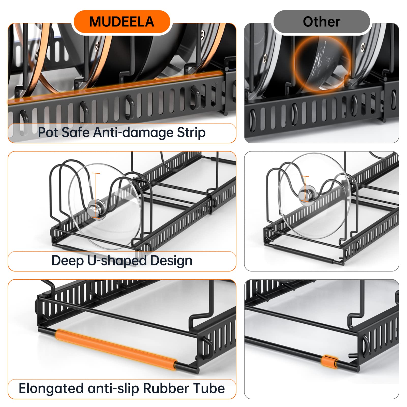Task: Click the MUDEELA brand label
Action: [122, 22]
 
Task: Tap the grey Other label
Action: [321, 22]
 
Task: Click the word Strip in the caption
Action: [191, 132]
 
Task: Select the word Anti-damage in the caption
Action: [133, 132]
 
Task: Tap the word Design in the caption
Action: [171, 261]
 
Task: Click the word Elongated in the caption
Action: [51, 388]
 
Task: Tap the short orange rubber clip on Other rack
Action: [329, 361]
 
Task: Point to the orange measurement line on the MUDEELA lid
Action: [96, 193]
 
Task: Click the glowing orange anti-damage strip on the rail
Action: [102, 85]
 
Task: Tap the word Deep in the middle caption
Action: [67, 261]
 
